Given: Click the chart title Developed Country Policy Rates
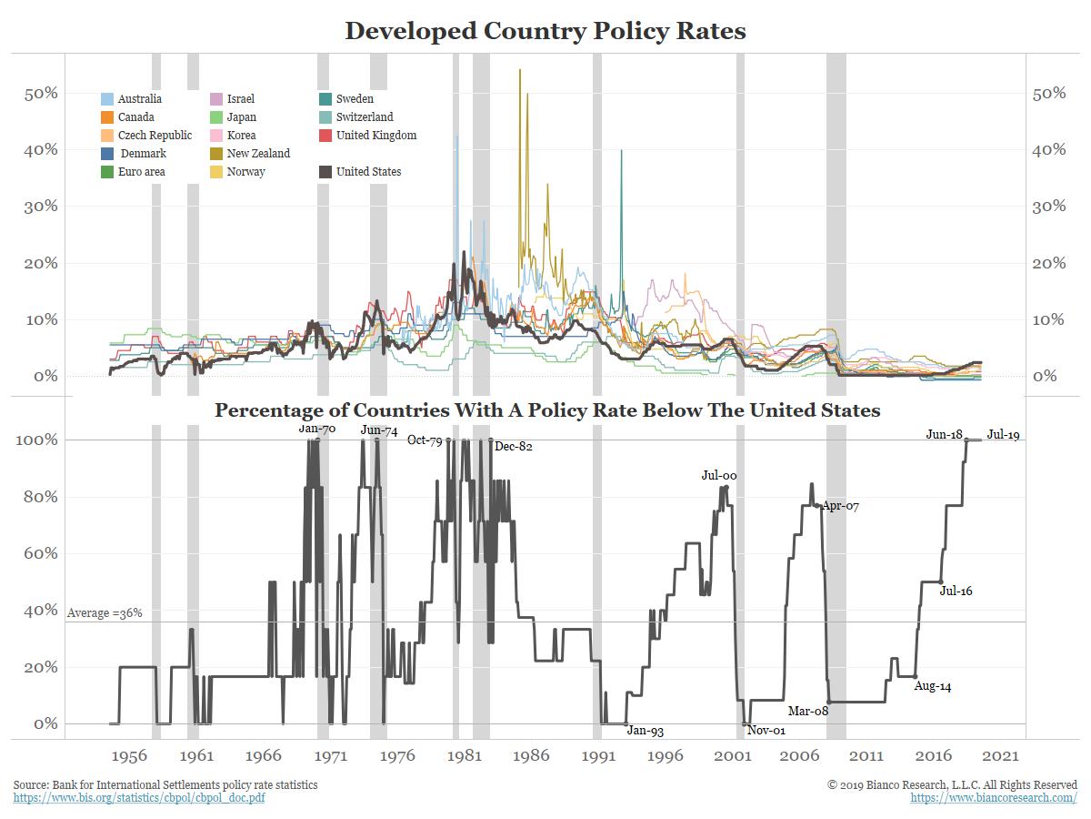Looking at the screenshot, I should pyautogui.click(x=545, y=31).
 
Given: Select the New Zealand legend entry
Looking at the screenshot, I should pyautogui.click(x=258, y=154).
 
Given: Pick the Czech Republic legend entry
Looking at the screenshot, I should pyautogui.click(x=155, y=136).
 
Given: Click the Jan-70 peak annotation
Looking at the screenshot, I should pyautogui.click(x=317, y=429).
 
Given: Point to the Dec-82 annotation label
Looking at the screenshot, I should pyautogui.click(x=513, y=447).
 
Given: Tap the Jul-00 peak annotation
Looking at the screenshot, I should pyautogui.click(x=718, y=475).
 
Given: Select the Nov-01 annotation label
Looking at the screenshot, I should pyautogui.click(x=766, y=731).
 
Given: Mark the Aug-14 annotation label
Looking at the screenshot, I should pyautogui.click(x=932, y=687).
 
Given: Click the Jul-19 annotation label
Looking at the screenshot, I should pyautogui.click(x=1003, y=435).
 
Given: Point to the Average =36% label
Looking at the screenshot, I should pyautogui.click(x=105, y=614).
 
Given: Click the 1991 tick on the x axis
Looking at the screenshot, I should pyautogui.click(x=598, y=756).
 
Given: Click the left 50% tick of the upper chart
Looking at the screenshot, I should pyautogui.click(x=40, y=94).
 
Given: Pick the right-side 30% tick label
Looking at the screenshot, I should pyautogui.click(x=1049, y=207).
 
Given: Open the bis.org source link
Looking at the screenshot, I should pyautogui.click(x=139, y=798).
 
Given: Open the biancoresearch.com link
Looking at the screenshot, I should pyautogui.click(x=994, y=798).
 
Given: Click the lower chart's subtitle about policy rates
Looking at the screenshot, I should pyautogui.click(x=547, y=410).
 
